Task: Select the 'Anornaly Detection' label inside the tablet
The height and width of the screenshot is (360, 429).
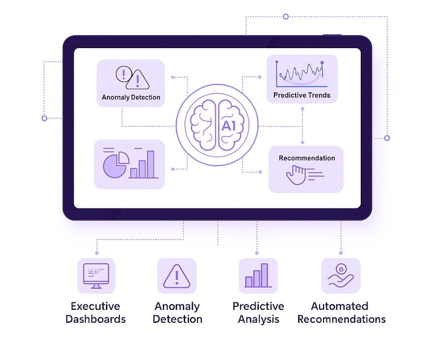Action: tap(131, 97)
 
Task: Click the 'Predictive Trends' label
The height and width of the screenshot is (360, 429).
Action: tap(302, 95)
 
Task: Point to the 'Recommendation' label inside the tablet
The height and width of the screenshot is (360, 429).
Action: tap(307, 158)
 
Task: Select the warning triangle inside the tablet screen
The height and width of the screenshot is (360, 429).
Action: tap(138, 79)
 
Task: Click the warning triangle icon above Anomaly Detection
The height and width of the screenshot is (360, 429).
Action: tap(177, 276)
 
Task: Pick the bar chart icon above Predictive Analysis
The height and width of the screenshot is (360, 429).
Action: tap(257, 275)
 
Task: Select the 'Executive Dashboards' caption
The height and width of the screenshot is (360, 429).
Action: tap(95, 312)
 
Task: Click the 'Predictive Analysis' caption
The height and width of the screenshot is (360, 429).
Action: tap(258, 312)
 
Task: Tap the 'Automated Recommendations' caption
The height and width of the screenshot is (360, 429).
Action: tap(341, 312)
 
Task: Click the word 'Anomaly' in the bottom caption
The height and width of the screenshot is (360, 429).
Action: tap(177, 306)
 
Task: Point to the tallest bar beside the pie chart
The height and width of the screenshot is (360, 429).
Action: tap(151, 164)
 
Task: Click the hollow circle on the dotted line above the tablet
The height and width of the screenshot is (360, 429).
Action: tap(285, 17)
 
